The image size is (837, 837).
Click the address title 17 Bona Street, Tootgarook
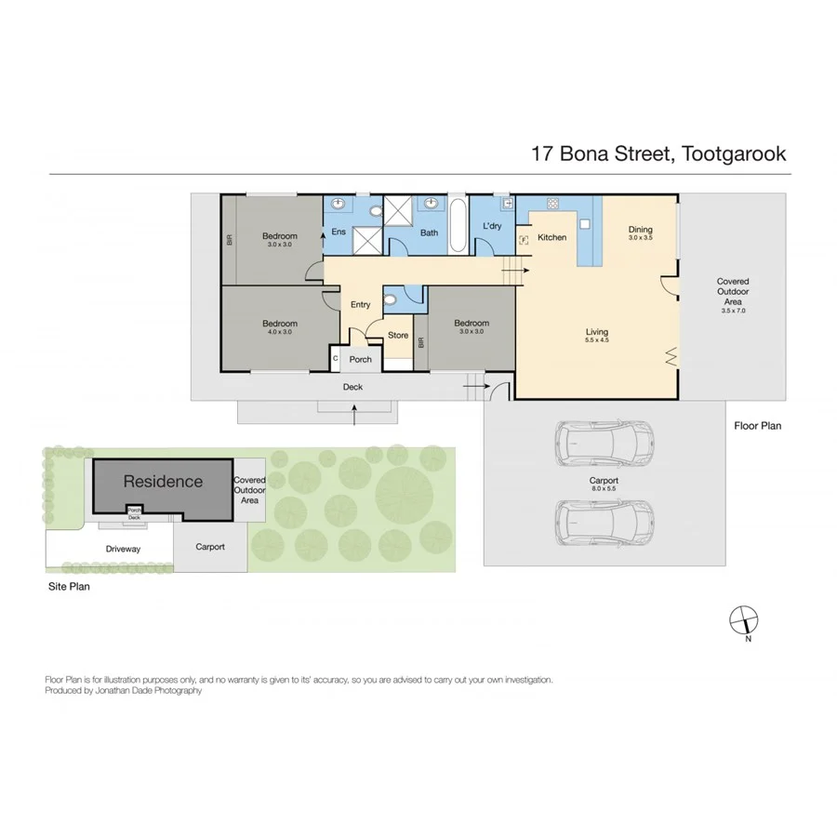tap(658, 153)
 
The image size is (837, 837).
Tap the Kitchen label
tap(552, 237)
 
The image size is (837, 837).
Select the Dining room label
tap(640, 230)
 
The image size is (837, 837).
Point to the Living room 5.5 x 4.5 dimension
tap(596, 340)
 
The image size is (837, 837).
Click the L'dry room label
tap(492, 227)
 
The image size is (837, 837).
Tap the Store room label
tap(397, 336)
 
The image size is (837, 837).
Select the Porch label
tap(360, 359)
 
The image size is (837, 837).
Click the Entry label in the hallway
tap(360, 305)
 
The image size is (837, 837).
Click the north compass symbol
tap(744, 618)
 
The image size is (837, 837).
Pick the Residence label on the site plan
tap(163, 482)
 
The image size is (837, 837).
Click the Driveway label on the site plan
tap(123, 549)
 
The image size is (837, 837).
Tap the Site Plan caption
tap(69, 588)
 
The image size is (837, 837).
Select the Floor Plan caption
tap(757, 426)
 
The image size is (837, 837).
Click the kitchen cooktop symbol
tap(551, 206)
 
